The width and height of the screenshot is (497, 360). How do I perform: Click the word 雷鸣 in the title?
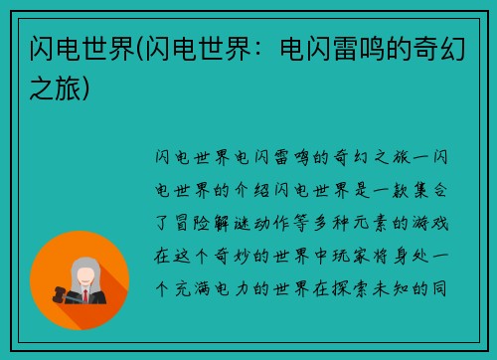(355, 48)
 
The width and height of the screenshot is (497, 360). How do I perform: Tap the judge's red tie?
(85, 296)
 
